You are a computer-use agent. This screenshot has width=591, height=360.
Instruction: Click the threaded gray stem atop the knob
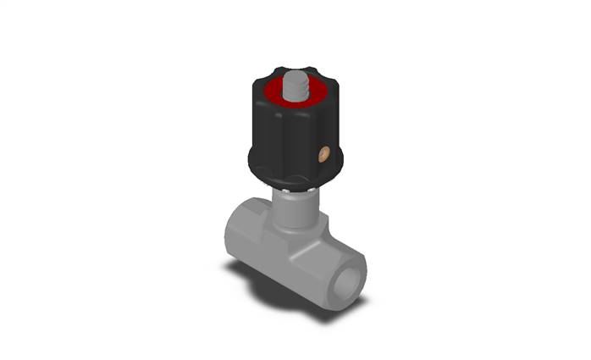coord(295,87)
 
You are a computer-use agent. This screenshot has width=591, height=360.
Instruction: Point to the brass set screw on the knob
coord(322,153)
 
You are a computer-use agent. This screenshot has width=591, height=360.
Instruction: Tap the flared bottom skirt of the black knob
coord(292,174)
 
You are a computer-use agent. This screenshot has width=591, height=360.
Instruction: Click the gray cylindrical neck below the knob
coord(296,208)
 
